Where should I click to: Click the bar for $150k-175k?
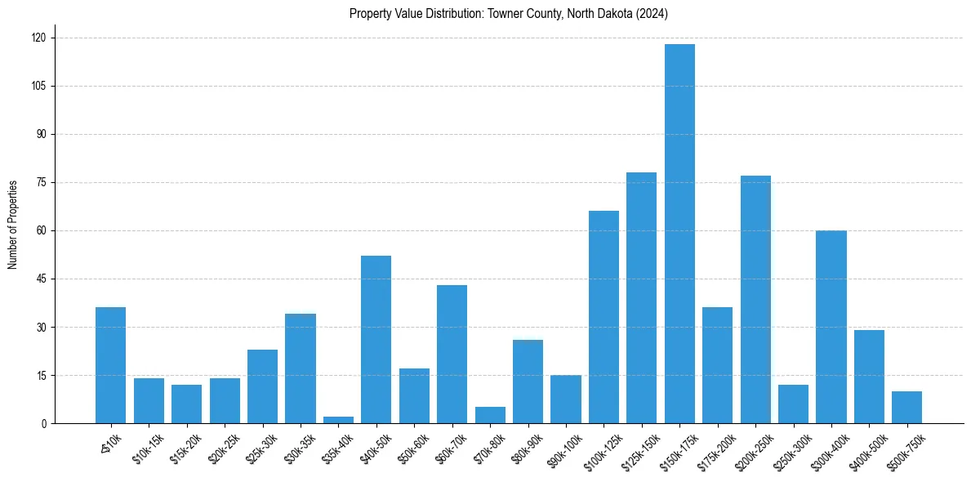tap(679, 234)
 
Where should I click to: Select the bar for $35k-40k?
tap(338, 420)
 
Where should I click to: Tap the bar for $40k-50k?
tap(376, 339)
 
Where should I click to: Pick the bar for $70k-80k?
tap(490, 415)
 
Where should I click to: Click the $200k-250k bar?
tap(755, 299)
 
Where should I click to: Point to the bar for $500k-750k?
tap(907, 407)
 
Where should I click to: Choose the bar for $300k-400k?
tap(831, 327)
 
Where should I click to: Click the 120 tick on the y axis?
tap(38, 38)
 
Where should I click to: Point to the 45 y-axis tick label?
tap(41, 279)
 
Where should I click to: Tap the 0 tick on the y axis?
tap(44, 423)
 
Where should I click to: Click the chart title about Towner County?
tap(509, 14)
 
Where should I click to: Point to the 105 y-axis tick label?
tap(38, 86)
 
